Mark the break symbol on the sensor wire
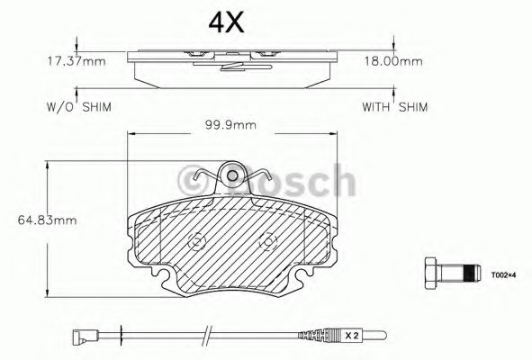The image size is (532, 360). pos(208,337)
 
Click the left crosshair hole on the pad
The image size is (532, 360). pos(196,241)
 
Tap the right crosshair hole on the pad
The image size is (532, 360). pos(266,241)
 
